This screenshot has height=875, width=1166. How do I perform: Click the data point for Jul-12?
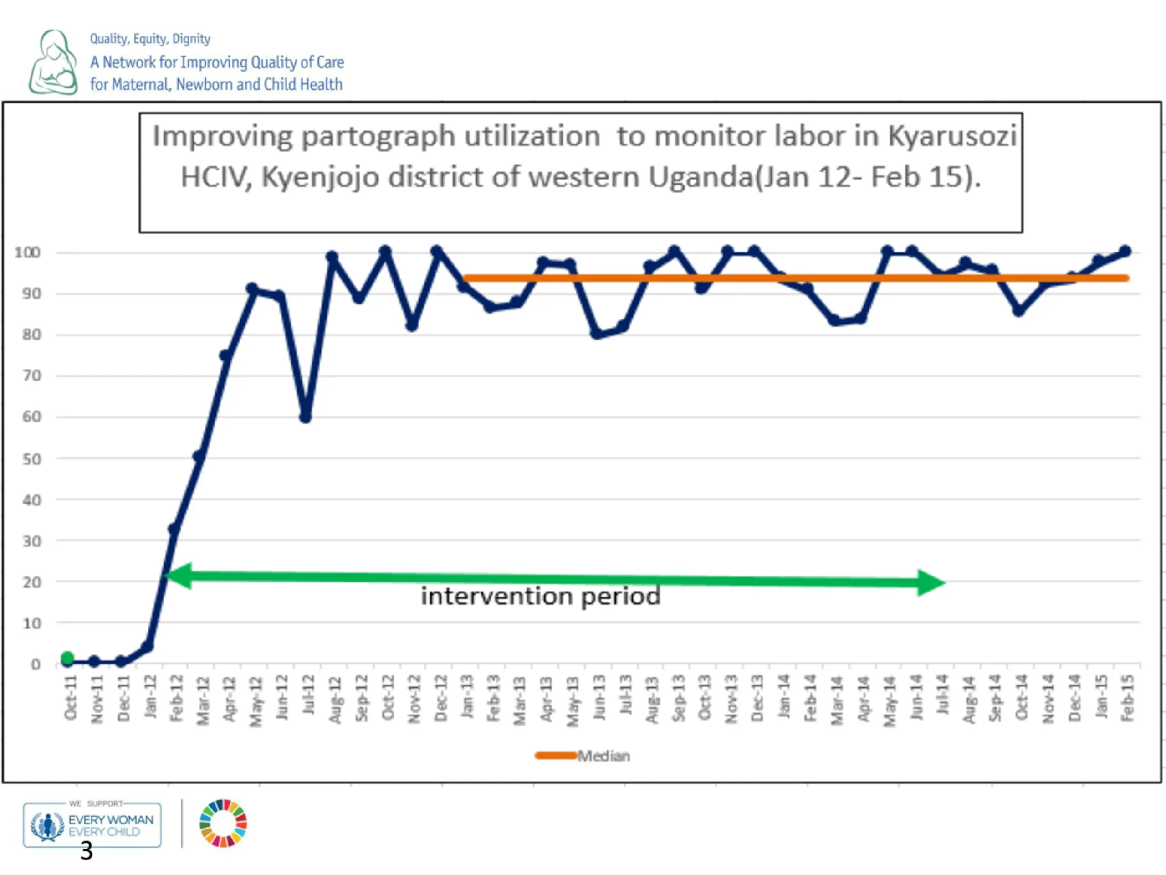coord(305,417)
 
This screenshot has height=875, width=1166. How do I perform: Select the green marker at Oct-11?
coord(67,658)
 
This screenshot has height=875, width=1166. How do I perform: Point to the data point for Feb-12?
coord(174,529)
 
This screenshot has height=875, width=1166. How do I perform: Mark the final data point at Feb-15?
coord(1125,251)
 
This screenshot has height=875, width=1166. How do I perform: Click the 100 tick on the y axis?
coord(27,252)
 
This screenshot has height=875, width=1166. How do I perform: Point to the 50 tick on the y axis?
coord(31,459)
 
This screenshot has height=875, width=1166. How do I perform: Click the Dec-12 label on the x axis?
coord(441,698)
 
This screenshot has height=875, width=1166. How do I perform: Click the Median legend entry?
coord(583,756)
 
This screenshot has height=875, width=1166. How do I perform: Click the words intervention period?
coord(540,597)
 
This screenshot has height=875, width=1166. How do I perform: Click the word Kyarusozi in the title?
coord(952,136)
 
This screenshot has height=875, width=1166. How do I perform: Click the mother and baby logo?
coord(53,62)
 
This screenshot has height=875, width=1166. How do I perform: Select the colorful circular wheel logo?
coord(223,824)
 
